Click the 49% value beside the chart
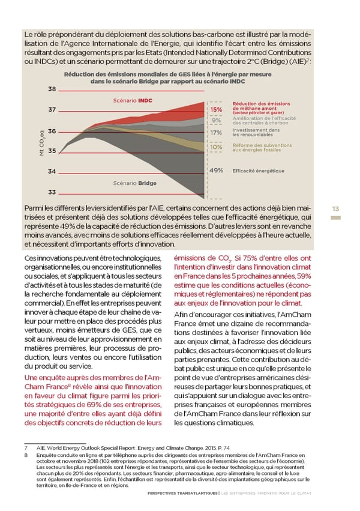coord(216,171)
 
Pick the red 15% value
coord(216,109)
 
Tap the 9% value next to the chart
coord(217,120)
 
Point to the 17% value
coord(216,133)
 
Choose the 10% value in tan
coord(216,147)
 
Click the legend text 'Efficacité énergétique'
coord(258,171)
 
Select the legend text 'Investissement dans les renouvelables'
coord(256,132)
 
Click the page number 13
coord(335,208)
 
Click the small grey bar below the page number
coord(335,217)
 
